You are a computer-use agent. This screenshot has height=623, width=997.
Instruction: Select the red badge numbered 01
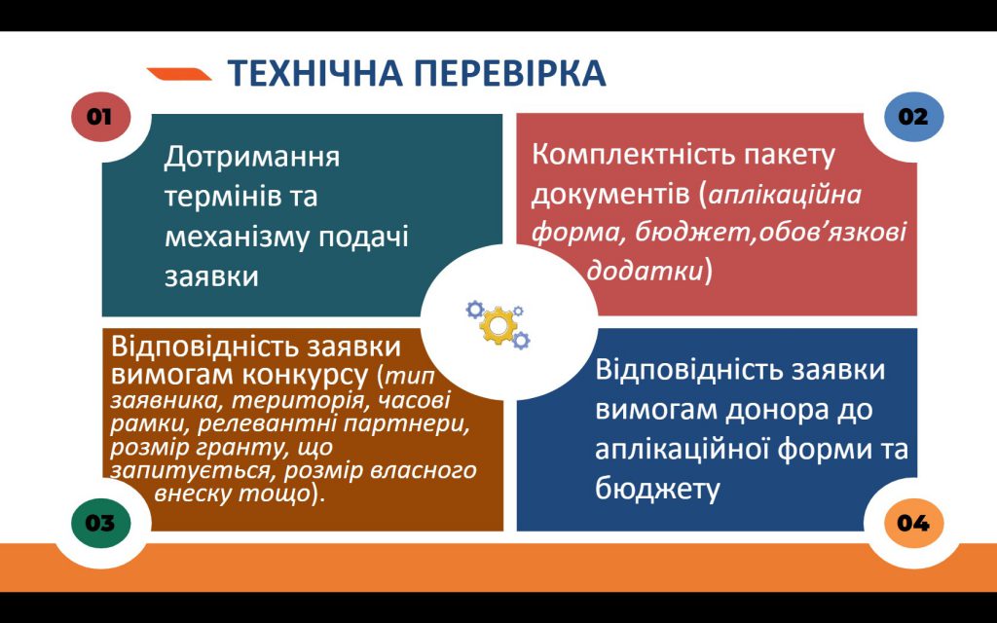99,117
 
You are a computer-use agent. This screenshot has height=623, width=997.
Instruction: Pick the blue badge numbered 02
912,117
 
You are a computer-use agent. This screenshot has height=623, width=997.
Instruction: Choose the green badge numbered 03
99,523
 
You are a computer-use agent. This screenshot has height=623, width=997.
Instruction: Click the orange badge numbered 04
912,523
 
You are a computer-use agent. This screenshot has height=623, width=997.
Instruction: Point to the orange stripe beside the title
179,73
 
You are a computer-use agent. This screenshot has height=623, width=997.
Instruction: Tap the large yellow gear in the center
498,324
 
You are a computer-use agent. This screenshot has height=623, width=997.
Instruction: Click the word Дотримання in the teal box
251,157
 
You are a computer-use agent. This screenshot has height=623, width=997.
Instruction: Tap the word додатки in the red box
644,271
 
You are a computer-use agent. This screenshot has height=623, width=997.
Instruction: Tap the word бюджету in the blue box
658,488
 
